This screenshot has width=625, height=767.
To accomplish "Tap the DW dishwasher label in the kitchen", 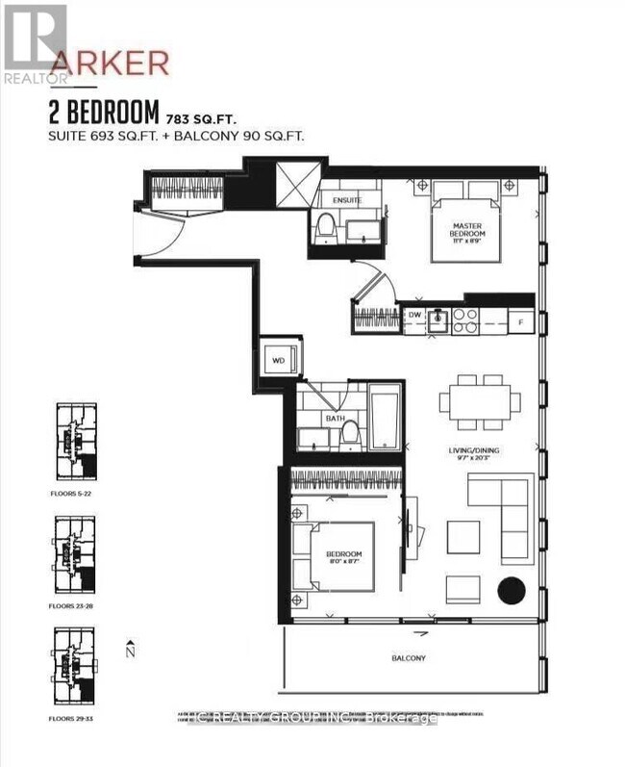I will (x=414, y=315).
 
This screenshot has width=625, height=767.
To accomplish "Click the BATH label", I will (x=335, y=419).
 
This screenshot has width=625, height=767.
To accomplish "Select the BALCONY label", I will (x=408, y=658).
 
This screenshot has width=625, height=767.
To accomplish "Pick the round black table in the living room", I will (x=510, y=589).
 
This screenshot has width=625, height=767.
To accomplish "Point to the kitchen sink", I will (x=438, y=319).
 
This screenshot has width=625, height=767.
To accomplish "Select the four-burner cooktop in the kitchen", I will (x=465, y=320).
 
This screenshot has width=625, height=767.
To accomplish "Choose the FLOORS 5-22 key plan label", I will (x=75, y=492).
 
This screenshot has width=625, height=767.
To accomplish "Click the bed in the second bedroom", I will (x=337, y=555).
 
